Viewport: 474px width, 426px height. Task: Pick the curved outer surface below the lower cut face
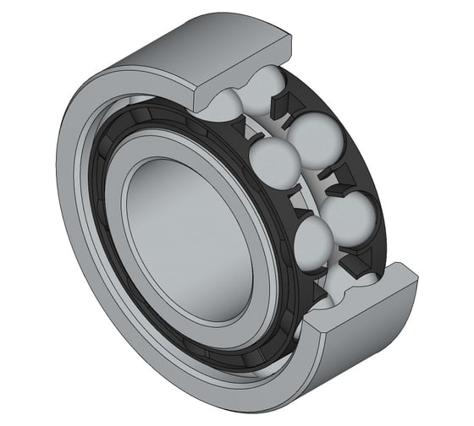(339, 363)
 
